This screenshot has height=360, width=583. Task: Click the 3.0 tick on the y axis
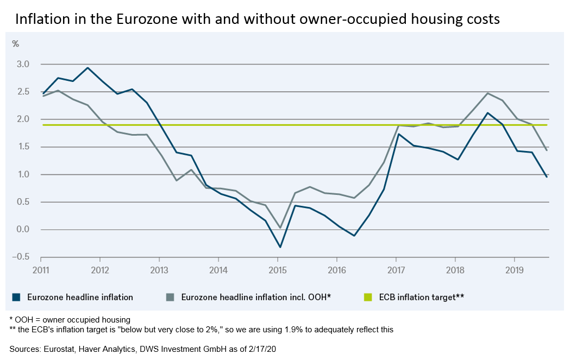[23, 64]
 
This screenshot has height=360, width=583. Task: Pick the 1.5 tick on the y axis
[23, 147]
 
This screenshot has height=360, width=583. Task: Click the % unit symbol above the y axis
[15, 43]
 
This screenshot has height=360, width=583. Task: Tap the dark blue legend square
[16, 297]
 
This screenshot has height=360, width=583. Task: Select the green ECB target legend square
[367, 297]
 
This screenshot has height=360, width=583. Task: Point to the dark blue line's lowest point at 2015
[280, 247]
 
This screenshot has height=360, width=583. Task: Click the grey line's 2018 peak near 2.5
[487, 93]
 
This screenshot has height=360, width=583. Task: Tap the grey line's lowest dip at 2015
[280, 228]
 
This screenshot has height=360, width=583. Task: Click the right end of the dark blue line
[546, 177]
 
